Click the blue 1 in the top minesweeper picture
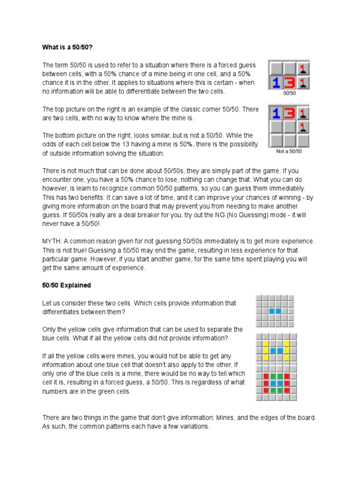276,83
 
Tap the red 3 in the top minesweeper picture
290,83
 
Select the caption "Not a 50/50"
289,151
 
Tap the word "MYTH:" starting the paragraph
52,241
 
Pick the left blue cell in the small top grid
272,311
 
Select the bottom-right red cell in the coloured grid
286,390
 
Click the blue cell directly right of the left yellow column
272,351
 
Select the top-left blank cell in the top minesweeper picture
276,69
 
